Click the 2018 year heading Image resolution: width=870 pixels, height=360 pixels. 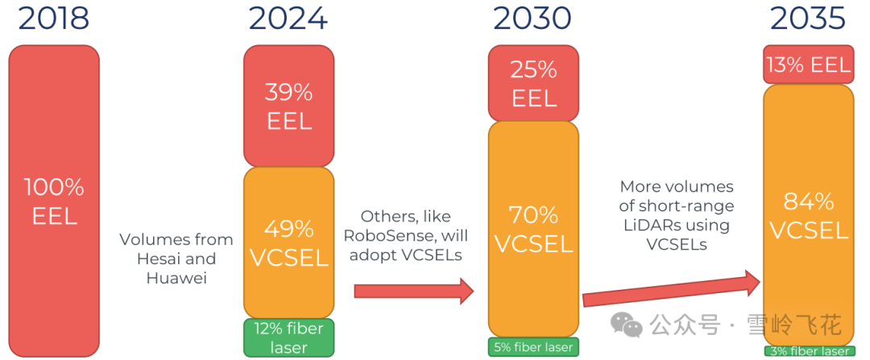click(x=54, y=19)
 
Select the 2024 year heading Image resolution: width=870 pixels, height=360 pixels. click(x=288, y=19)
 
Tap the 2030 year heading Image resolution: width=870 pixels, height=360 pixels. click(x=532, y=19)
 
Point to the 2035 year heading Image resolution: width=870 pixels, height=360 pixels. click(x=808, y=19)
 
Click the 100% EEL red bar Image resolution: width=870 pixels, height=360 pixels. click(x=54, y=201)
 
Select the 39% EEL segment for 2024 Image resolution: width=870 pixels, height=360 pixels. click(x=289, y=106)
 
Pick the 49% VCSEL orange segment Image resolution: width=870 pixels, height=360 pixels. click(x=289, y=242)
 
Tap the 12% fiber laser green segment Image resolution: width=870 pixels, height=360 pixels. click(x=289, y=337)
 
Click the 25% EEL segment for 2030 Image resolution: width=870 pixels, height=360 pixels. click(x=533, y=83)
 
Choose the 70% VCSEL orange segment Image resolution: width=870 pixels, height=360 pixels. click(x=533, y=229)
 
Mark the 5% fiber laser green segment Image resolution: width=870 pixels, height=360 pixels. click(x=533, y=346)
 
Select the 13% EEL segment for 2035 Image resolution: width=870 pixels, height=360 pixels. click(x=809, y=64)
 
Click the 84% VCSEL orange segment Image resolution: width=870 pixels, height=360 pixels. click(x=809, y=215)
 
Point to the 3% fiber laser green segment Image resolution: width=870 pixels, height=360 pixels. click(x=809, y=351)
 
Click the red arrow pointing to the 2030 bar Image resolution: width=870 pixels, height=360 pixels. click(x=414, y=291)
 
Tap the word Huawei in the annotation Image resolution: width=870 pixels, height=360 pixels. click(x=176, y=277)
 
